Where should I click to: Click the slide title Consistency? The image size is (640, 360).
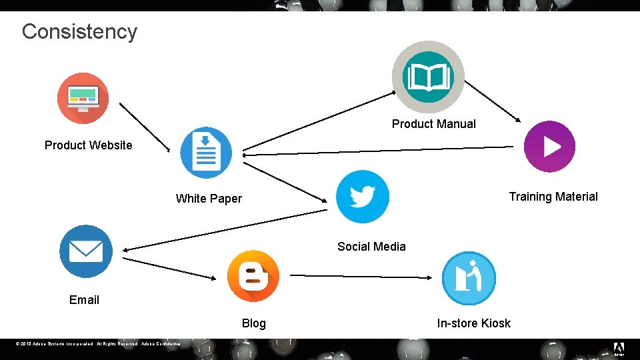79,31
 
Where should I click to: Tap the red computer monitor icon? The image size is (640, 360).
83,98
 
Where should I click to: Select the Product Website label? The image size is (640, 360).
89,145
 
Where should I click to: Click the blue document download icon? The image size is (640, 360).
206,153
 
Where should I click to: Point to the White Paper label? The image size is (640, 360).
209,198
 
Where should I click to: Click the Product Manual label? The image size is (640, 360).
433,123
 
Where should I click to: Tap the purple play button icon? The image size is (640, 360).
549,147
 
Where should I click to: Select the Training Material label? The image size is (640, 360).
553,196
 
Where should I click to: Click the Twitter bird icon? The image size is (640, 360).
362,197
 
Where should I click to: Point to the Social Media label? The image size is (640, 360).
371,246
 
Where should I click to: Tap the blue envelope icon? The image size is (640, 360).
86,251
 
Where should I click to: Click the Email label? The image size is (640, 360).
84,299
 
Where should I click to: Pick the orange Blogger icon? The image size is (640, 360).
253,276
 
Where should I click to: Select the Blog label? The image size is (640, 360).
253,323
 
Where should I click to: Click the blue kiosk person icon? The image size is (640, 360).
469,278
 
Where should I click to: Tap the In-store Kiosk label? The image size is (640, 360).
473,323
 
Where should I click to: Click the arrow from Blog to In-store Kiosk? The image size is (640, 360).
360,276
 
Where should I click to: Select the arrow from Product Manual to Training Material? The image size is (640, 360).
492,101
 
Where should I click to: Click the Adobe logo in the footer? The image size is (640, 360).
618,348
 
